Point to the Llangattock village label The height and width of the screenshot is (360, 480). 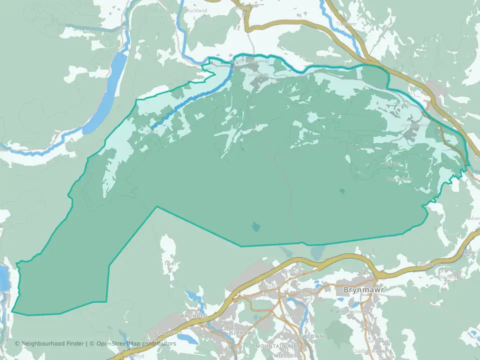[x=414, y=125]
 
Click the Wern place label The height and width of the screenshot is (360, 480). [x=151, y=131]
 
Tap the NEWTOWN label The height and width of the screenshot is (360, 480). [x=309, y=336]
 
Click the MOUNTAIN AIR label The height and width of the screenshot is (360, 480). [x=276, y=346]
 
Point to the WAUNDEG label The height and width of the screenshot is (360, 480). [x=193, y=316]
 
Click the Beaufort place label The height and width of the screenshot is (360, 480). [x=305, y=291]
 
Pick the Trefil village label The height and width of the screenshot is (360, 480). [x=169, y=263]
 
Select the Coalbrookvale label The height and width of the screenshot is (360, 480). [x=369, y=351]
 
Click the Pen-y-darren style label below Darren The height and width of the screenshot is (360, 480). [x=399, y=178]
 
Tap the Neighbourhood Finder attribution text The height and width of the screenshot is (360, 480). [x=50, y=343]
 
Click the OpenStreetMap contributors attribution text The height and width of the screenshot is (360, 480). [x=136, y=343]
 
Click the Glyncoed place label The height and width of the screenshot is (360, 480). [x=293, y=315]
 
